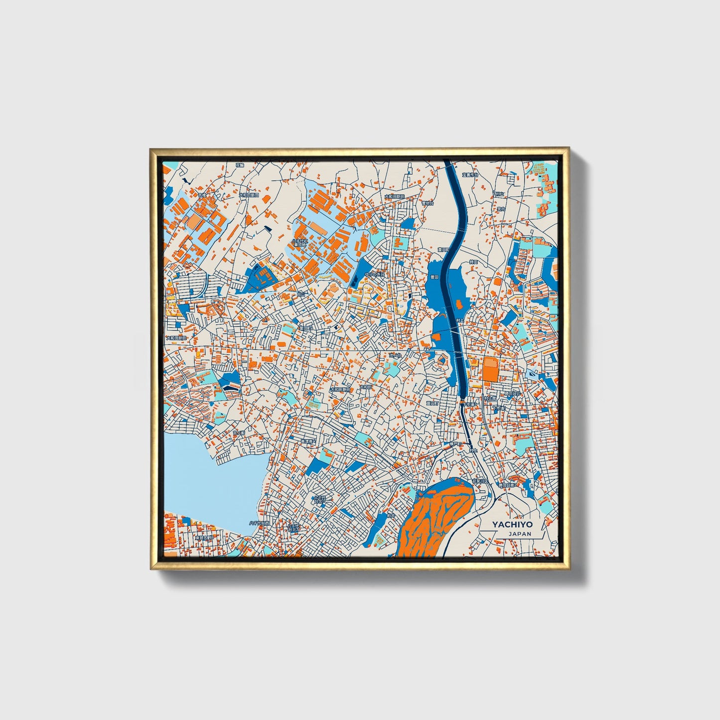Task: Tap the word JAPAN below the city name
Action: [x=520, y=534]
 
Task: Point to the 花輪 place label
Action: [x=240, y=164]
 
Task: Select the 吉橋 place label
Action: [x=187, y=196]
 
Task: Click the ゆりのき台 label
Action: [x=375, y=274]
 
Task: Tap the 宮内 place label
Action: [x=501, y=209]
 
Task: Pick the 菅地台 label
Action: [x=428, y=203]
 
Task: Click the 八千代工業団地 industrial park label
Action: [x=300, y=243]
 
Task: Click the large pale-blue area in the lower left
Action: [x=209, y=478]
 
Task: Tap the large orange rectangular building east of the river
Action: [x=490, y=369]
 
